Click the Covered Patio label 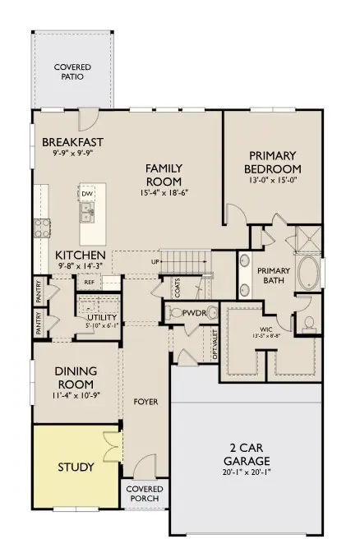pos(72,71)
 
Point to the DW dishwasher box pos(87,194)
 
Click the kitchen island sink pos(87,214)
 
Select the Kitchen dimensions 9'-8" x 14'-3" pos(80,265)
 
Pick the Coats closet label pos(178,287)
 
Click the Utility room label pos(102,318)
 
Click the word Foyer pos(145,402)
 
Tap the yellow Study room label pos(75,467)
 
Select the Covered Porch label pos(144,495)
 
